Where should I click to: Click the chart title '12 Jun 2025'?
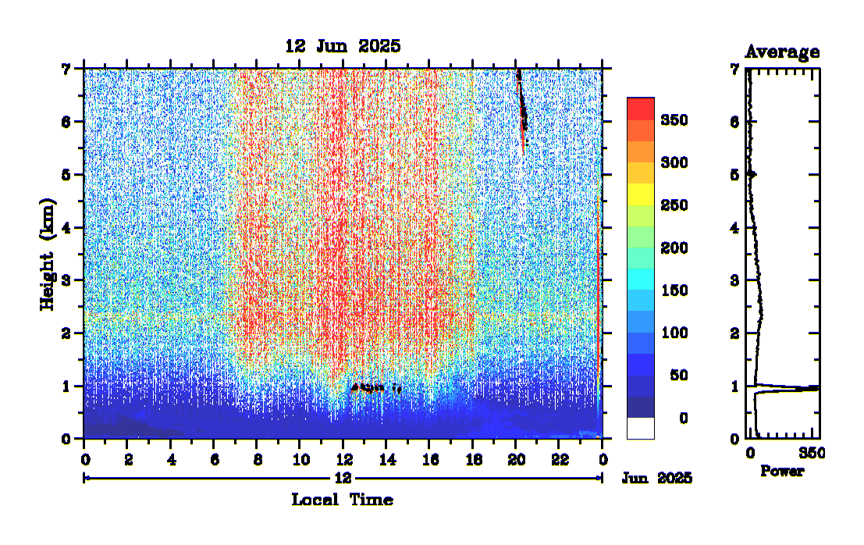pos(343,46)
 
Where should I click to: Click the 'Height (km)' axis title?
pos(48,254)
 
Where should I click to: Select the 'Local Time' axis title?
pos(342,500)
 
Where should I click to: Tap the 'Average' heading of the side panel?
pos(782,52)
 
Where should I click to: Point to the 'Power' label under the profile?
pos(781,472)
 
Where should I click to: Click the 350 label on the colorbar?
pos(673,120)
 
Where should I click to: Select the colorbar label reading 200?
pos(673,248)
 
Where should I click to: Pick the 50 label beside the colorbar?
pos(677,376)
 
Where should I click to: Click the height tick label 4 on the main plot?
pos(66,228)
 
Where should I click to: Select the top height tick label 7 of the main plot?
pos(66,69)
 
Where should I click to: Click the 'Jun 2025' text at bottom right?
pos(656,478)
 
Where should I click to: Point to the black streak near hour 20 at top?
pos(522,105)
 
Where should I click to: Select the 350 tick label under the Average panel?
pos(812,454)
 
